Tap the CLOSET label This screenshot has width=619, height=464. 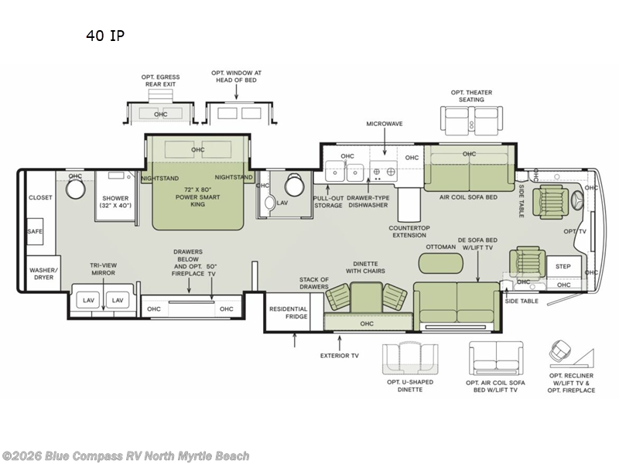click(x=41, y=197)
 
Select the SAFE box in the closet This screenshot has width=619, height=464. click(x=36, y=230)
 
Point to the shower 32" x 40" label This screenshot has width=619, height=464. click(x=116, y=201)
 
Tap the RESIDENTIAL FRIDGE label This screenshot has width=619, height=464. click(x=288, y=312)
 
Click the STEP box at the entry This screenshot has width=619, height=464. click(x=563, y=266)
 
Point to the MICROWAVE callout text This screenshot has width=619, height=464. click(x=385, y=124)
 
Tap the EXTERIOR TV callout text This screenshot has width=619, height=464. click(x=340, y=356)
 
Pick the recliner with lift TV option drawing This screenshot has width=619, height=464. click(x=568, y=357)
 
